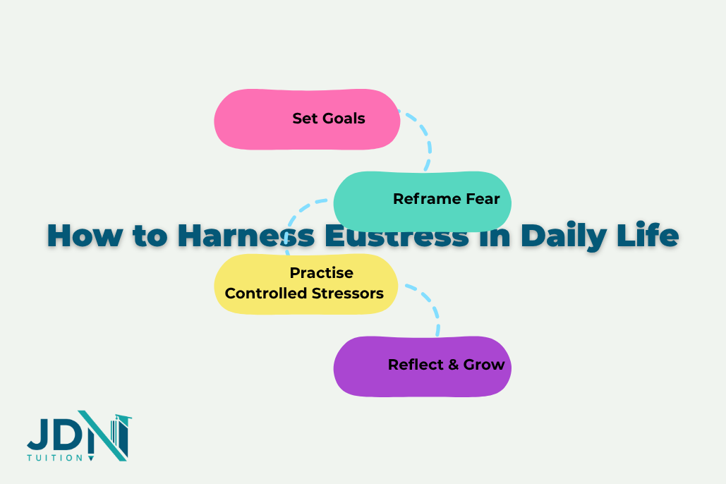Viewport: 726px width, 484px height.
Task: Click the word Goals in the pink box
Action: [x=345, y=119]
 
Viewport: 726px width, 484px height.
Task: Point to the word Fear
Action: [x=483, y=199]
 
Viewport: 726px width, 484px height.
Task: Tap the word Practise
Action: [x=321, y=273]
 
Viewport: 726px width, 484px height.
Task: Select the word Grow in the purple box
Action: [x=484, y=365]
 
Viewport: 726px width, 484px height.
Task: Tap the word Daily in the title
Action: [x=561, y=235]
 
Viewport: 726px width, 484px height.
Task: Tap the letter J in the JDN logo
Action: [x=37, y=436]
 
